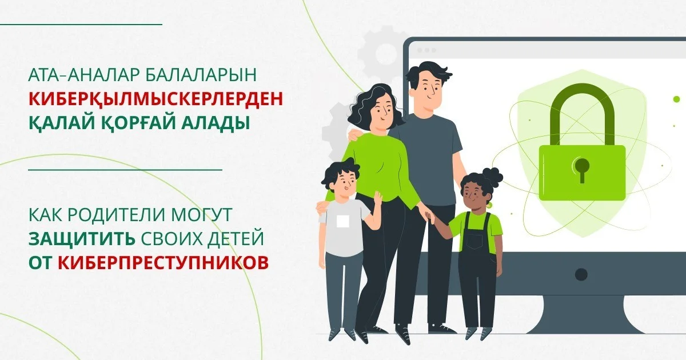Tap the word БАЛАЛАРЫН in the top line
[x=201, y=74]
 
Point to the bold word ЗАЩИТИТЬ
[x=82, y=239]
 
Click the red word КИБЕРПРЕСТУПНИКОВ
[x=163, y=262]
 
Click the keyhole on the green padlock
[x=581, y=169]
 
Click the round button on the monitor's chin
[x=581, y=274]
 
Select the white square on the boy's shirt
[x=342, y=221]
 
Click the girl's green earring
[x=488, y=205]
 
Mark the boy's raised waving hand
[x=378, y=198]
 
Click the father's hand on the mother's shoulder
[x=354, y=134]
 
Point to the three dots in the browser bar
[x=426, y=50]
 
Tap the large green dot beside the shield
[x=676, y=99]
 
